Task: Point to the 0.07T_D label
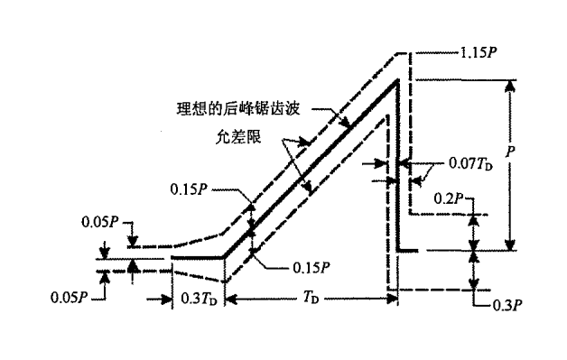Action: click(471, 165)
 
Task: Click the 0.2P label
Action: click(451, 196)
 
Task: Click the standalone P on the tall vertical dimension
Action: click(512, 154)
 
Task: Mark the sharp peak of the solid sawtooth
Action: click(397, 83)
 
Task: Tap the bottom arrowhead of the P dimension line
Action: click(512, 245)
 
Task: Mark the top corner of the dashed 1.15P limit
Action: click(412, 51)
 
